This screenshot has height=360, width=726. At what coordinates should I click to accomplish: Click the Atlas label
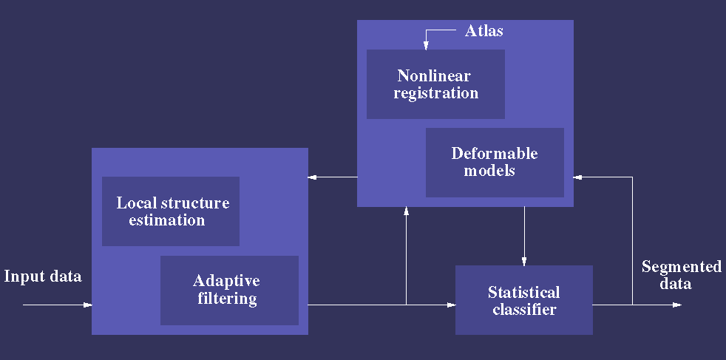[x=484, y=30]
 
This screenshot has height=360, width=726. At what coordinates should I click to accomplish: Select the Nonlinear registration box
[x=435, y=84]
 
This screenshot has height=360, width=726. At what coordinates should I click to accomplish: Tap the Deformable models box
[x=495, y=163]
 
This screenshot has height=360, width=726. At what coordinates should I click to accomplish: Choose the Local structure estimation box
[x=171, y=211]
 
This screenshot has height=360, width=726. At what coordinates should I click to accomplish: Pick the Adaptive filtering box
[x=229, y=290]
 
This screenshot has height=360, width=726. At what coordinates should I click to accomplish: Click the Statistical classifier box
[x=524, y=300]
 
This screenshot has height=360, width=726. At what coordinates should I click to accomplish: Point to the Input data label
[x=43, y=276]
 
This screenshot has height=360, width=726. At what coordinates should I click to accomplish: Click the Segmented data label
[x=682, y=274]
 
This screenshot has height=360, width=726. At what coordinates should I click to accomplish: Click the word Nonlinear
[x=434, y=75]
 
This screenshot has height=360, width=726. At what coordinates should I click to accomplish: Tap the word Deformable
[x=495, y=153]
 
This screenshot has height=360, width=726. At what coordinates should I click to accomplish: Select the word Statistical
[x=524, y=292]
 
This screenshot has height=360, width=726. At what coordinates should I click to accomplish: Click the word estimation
[x=166, y=220]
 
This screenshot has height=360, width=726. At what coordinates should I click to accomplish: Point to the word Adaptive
[x=226, y=281]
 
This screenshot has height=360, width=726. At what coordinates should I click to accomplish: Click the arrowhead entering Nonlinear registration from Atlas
[x=426, y=46]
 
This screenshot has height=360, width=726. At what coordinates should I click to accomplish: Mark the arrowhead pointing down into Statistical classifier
[x=524, y=262]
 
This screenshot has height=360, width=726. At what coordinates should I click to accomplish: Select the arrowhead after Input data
[x=88, y=305]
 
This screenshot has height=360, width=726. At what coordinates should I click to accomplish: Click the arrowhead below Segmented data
[x=677, y=305]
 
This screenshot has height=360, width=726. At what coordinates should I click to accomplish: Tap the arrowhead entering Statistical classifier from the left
[x=452, y=305]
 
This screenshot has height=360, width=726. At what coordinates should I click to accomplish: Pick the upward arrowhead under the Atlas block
[x=406, y=211]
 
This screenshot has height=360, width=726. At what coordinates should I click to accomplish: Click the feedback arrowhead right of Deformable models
[x=577, y=177]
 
